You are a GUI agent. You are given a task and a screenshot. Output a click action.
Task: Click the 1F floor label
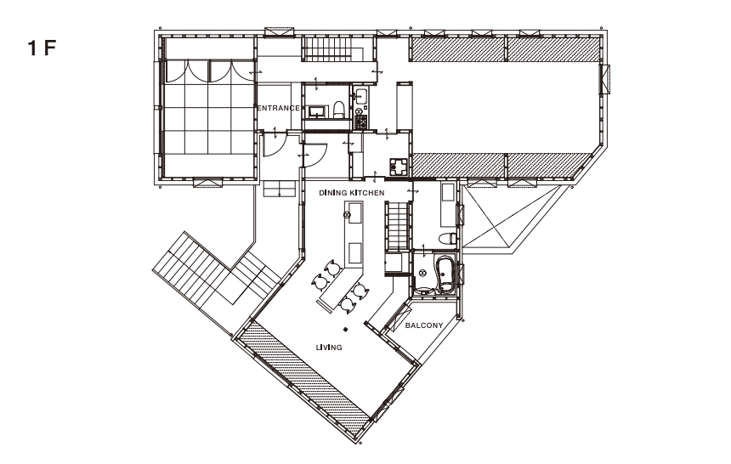[42, 48]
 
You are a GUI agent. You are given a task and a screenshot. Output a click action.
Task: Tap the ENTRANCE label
[279, 108]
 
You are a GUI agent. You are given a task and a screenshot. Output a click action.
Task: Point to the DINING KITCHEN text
[352, 193]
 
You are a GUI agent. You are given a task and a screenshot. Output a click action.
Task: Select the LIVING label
[329, 348]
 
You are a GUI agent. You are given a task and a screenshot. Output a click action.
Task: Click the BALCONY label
[424, 325]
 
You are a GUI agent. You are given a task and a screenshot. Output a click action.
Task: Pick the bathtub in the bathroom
[445, 274]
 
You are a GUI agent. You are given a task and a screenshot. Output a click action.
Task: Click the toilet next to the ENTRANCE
[339, 110]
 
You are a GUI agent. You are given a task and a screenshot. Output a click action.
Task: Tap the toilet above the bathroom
[447, 238]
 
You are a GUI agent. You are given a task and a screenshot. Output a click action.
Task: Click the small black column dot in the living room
[345, 329]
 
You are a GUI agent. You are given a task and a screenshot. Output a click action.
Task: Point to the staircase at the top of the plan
[333, 49]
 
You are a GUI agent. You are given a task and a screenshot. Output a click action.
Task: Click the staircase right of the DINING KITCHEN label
[397, 226]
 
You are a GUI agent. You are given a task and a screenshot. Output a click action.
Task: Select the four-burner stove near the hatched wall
[399, 166]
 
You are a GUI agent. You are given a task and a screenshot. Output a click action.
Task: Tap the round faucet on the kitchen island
[347, 215]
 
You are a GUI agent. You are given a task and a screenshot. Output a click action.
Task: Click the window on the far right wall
[605, 78]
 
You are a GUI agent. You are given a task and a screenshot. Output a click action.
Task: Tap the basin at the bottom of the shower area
[423, 290]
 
